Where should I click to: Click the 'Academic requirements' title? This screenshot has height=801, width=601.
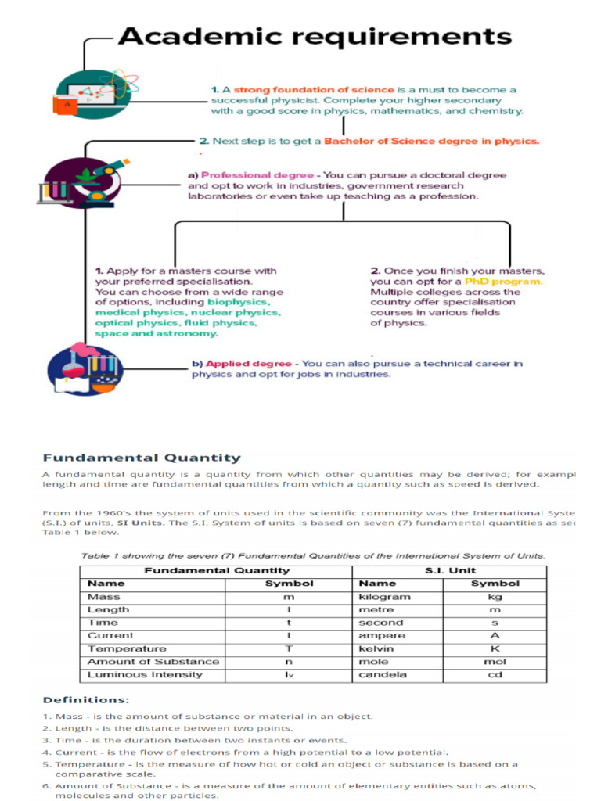314,36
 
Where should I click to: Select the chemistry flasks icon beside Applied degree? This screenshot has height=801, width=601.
85,369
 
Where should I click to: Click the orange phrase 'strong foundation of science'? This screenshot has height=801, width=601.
314,90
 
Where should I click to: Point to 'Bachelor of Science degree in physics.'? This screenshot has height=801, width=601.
431,142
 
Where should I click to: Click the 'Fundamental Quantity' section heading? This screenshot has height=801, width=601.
141,458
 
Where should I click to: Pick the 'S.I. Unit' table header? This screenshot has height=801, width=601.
450,570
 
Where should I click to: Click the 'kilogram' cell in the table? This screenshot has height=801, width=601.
384,597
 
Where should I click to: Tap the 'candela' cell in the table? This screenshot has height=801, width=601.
382,674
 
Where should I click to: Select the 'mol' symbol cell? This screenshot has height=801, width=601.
495,662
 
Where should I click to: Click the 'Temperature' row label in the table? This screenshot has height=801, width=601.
127,648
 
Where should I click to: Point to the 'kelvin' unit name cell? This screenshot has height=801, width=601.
376,648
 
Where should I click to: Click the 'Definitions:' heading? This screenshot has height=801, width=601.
85,699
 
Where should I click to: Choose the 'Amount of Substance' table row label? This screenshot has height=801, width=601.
153,662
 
